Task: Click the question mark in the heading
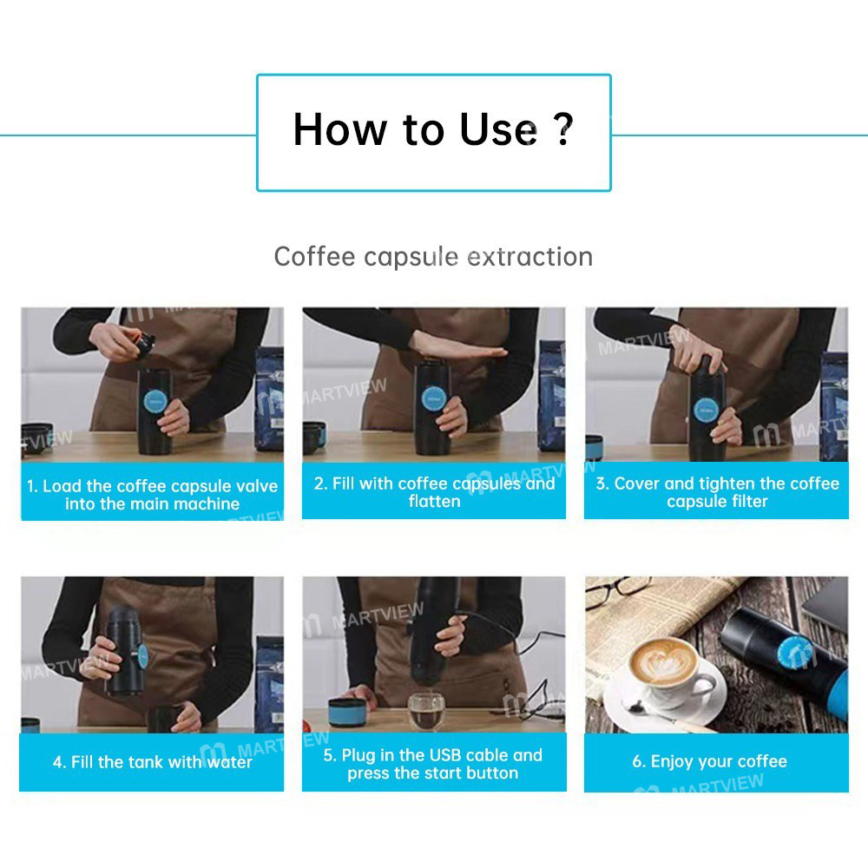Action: click(562, 130)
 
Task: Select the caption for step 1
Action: click(152, 495)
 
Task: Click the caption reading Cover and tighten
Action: click(717, 492)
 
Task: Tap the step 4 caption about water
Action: click(152, 762)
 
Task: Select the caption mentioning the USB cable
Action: click(433, 764)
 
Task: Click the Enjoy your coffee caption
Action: click(717, 762)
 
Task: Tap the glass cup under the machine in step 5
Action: click(424, 709)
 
